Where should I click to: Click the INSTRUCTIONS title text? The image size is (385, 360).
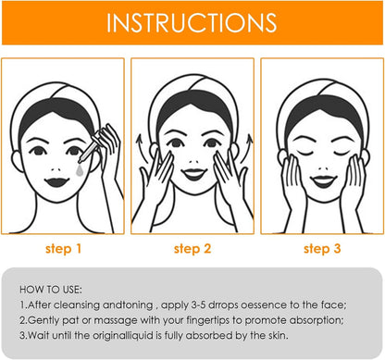(192, 23)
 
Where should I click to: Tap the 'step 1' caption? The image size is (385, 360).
(63, 249)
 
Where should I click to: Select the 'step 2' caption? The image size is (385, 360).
(192, 249)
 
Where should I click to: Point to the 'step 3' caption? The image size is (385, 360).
(322, 249)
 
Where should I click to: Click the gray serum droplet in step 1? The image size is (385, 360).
(80, 170)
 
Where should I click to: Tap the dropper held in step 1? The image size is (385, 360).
(91, 147)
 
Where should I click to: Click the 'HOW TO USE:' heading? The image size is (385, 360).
(51, 290)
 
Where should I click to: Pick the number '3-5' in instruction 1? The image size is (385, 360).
(198, 305)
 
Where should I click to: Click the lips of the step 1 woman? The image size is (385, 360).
(56, 181)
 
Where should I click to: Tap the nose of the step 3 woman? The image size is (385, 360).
(323, 168)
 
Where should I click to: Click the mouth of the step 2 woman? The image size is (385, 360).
(194, 174)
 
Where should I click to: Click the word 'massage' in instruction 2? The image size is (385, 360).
(116, 321)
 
